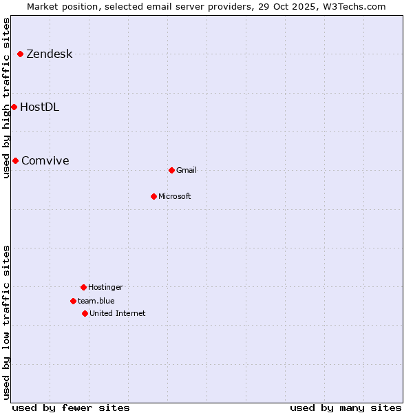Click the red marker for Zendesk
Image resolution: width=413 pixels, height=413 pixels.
click(x=21, y=54)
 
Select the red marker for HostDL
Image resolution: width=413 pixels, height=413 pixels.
click(x=14, y=107)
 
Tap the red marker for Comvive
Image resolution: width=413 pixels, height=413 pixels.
click(x=15, y=160)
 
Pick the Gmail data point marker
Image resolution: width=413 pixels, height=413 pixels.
click(x=171, y=170)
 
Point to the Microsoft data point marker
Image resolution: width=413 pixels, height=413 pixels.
click(x=153, y=196)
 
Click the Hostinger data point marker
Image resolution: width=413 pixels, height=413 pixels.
click(x=83, y=287)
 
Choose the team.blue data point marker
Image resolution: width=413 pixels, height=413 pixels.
click(x=73, y=301)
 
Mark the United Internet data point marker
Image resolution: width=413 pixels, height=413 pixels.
click(x=85, y=313)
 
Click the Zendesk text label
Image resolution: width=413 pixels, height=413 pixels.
click(x=49, y=54)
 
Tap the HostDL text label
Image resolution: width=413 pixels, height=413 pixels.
click(x=39, y=107)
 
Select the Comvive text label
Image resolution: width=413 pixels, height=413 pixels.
click(x=45, y=161)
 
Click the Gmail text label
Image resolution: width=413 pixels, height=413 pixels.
click(x=187, y=171)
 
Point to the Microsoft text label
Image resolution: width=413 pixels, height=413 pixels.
click(x=175, y=197)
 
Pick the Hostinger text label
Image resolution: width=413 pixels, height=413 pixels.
click(x=105, y=288)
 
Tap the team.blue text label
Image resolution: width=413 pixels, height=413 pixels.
click(x=96, y=301)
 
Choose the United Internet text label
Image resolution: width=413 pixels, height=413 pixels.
click(x=118, y=314)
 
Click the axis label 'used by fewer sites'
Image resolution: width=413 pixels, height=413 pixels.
click(x=71, y=407)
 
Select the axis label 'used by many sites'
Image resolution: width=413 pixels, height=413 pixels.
click(x=346, y=407)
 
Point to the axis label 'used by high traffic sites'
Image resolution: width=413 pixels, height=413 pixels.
click(x=6, y=98)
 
